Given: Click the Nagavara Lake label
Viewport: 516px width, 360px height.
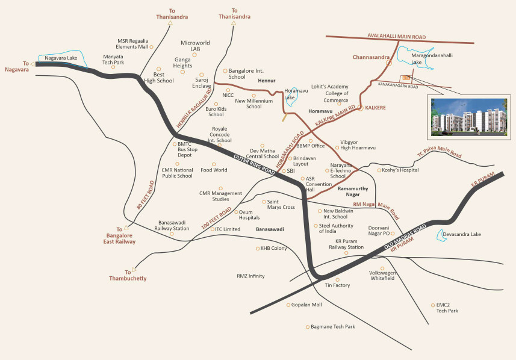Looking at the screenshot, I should pyautogui.click(x=61, y=58).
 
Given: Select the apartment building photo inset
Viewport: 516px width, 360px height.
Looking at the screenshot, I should pyautogui.click(x=468, y=117).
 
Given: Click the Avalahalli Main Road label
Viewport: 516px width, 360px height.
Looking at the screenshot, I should pyautogui.click(x=393, y=37).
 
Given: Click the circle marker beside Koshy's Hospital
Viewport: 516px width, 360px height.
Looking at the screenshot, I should pyautogui.click(x=378, y=170).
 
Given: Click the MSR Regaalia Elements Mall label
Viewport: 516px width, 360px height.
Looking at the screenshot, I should pyautogui.click(x=132, y=43).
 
